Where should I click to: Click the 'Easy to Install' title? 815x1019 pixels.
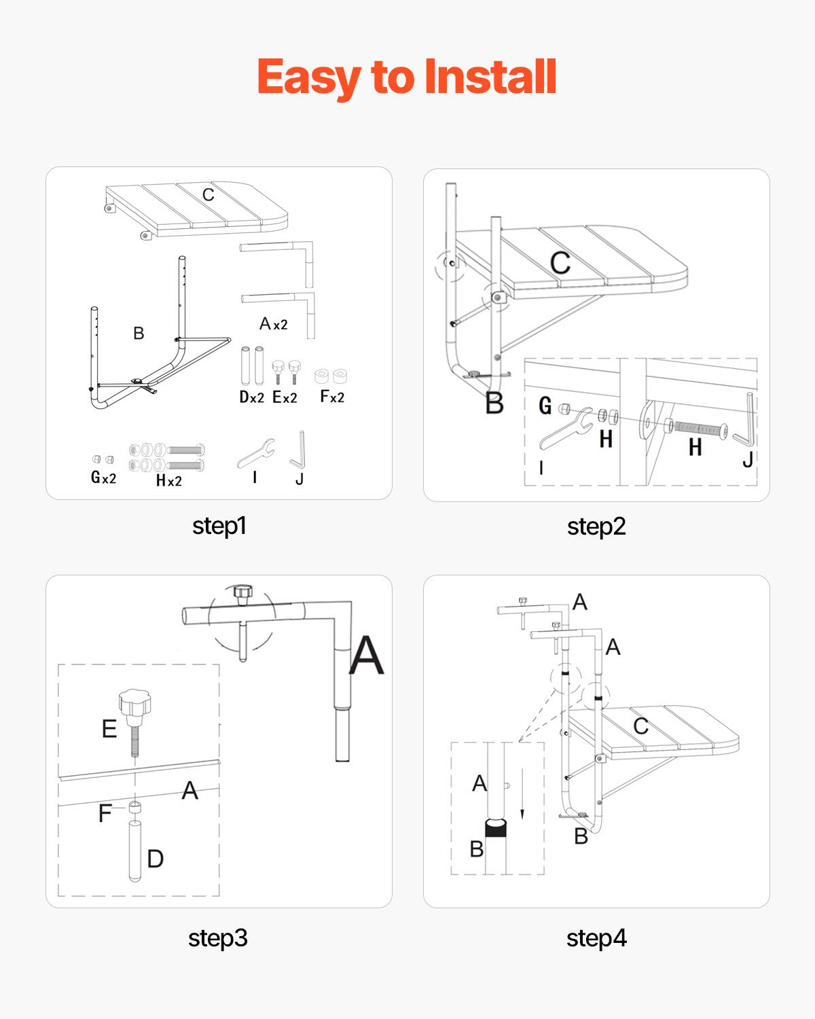click(407, 77)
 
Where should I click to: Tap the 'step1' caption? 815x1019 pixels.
click(219, 526)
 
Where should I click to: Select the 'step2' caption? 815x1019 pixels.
click(596, 526)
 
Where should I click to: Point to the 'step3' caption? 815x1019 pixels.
click(217, 938)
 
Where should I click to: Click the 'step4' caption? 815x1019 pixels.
click(596, 938)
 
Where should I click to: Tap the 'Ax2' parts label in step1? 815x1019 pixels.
click(273, 324)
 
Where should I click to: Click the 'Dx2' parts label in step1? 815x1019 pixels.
click(251, 397)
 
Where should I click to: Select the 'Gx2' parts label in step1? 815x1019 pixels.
click(103, 478)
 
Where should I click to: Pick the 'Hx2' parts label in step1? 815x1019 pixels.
click(168, 480)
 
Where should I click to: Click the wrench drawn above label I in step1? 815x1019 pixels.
click(256, 453)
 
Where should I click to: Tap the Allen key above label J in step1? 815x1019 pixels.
click(299, 450)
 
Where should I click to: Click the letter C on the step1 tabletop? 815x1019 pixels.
click(208, 195)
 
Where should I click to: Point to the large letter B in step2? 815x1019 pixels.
click(494, 404)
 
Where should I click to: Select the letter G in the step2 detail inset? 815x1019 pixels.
click(545, 406)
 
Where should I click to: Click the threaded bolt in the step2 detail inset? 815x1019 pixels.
click(698, 429)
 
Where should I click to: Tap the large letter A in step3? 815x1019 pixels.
click(367, 656)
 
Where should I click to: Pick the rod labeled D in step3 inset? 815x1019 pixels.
click(135, 851)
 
